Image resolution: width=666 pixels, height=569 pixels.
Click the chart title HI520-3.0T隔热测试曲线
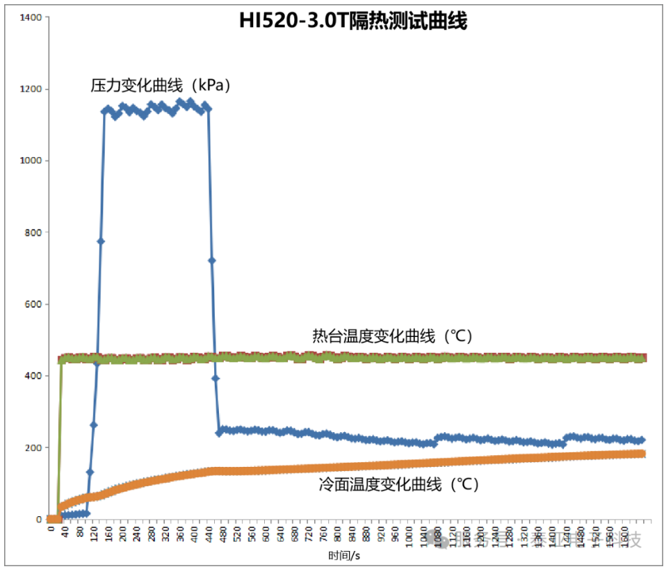352,22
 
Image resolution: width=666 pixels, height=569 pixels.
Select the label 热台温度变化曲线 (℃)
392,336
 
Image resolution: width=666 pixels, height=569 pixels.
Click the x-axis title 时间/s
344,555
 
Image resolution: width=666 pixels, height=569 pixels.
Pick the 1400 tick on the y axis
31,17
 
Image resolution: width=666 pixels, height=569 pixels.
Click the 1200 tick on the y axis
31,89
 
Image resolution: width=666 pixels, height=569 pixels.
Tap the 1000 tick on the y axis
31,160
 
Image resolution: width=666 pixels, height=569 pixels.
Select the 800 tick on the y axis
33,232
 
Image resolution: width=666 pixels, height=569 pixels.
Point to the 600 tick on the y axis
33,304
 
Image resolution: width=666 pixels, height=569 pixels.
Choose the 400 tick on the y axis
33,376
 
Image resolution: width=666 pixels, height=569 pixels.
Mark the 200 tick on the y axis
33,447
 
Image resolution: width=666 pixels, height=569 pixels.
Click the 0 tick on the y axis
39,519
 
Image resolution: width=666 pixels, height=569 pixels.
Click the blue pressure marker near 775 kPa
101,241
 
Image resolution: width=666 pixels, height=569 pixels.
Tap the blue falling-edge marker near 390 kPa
216,378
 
